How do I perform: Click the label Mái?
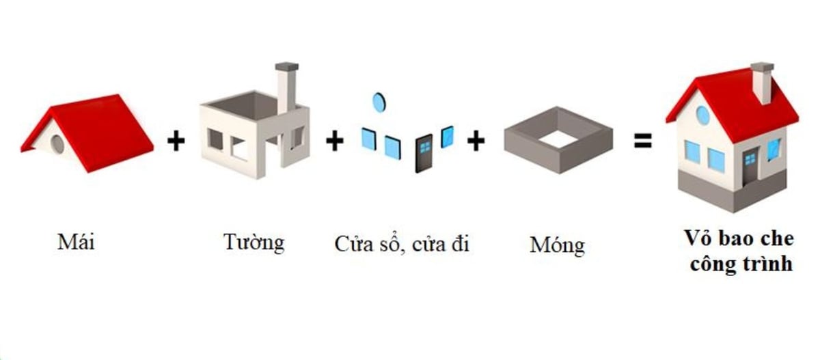tap(76, 242)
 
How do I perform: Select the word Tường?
tap(254, 241)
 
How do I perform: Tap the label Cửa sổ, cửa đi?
tap(402, 244)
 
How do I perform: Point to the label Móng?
tap(557, 245)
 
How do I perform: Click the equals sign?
tap(642, 142)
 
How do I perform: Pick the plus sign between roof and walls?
tap(176, 142)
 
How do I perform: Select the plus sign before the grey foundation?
tap(476, 141)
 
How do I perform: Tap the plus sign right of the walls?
tap(334, 141)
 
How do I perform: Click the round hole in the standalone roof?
tap(58, 143)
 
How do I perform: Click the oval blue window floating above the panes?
tap(379, 102)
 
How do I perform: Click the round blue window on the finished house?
tap(702, 115)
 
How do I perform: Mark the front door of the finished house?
tap(750, 167)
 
